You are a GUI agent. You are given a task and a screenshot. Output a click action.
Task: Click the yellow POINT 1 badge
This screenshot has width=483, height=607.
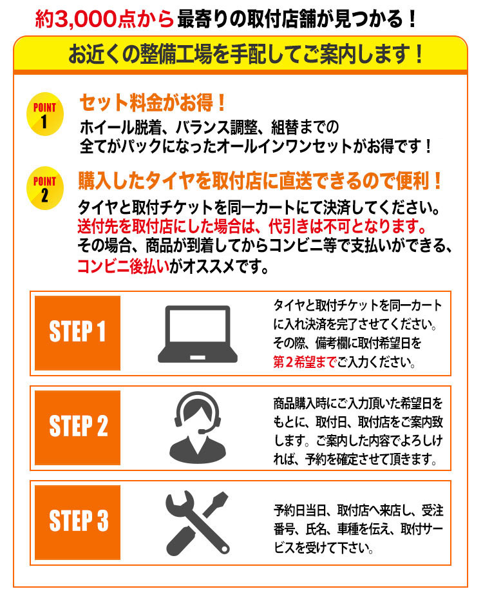(45, 114)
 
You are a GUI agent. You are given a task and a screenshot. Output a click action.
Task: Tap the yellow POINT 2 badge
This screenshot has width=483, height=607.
(45, 188)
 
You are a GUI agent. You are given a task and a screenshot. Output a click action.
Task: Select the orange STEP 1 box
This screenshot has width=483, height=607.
(77, 333)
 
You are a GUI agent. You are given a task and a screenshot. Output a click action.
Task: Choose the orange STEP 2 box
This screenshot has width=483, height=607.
(77, 428)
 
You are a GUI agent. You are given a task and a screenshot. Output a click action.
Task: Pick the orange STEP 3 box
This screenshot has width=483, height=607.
(77, 522)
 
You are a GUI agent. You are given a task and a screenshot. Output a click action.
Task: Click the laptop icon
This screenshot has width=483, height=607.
(197, 334)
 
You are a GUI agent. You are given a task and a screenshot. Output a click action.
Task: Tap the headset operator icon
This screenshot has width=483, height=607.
(198, 427)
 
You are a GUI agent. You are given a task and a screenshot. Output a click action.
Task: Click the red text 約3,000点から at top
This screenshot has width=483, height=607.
(104, 19)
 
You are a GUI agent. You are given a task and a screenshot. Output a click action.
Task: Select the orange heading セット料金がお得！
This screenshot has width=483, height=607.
(153, 103)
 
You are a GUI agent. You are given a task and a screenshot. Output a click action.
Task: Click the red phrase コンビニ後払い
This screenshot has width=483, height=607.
(123, 266)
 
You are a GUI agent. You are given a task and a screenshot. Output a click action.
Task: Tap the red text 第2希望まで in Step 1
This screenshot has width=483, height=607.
(305, 362)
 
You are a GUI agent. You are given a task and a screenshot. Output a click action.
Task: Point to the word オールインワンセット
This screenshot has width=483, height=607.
(284, 146)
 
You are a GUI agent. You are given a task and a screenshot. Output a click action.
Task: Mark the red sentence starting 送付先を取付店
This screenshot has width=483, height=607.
(252, 226)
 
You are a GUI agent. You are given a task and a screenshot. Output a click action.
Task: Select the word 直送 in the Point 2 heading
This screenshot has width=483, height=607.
(296, 180)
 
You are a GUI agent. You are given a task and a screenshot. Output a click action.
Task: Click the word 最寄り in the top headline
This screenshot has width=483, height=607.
(203, 19)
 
